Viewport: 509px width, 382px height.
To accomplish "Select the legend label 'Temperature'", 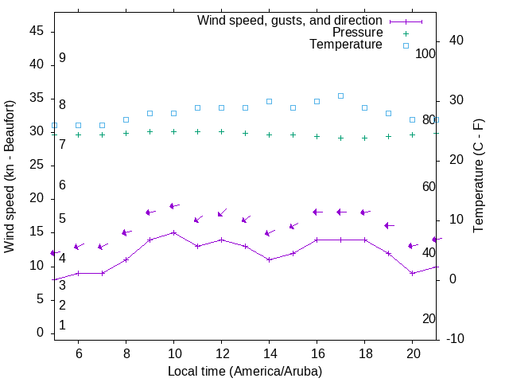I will [x=346, y=45].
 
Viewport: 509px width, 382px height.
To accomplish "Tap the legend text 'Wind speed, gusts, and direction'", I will [x=290, y=21].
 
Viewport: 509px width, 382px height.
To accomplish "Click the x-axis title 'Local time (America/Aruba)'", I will [x=245, y=371].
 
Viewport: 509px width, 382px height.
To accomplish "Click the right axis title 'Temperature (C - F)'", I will [x=479, y=177].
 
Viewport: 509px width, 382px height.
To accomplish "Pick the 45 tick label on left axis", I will [x=37, y=32].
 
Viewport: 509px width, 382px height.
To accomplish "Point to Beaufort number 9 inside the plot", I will [x=62, y=58].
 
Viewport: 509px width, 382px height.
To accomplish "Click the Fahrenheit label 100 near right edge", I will [x=425, y=53].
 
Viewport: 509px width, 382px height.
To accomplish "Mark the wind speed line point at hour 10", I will [x=173, y=232].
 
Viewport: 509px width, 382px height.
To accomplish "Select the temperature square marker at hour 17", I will [x=340, y=95].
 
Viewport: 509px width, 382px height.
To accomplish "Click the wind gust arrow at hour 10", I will [x=173, y=206].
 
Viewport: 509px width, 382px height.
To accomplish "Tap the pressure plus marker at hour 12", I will [x=221, y=132].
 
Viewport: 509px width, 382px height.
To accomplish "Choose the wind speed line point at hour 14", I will [x=269, y=259].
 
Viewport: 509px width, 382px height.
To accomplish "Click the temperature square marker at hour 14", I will [x=269, y=102].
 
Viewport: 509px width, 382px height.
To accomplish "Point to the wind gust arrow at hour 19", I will [x=389, y=226].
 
